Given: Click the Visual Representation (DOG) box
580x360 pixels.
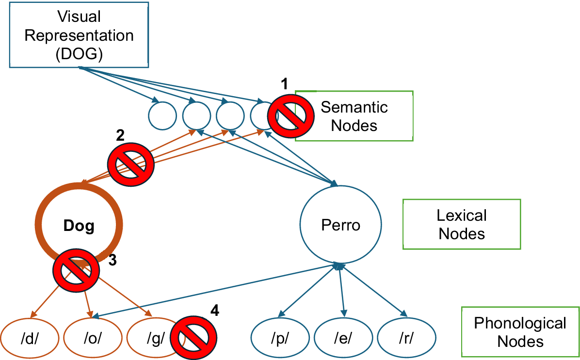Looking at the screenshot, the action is (79, 35).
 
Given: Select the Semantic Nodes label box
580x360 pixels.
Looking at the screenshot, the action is (354, 116).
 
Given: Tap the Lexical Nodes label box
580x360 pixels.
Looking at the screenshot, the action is (462, 224).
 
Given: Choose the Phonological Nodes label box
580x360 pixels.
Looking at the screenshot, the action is (520, 332).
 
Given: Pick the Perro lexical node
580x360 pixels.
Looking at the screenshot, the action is (340, 225).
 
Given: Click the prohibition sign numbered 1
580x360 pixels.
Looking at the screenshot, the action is (291, 116).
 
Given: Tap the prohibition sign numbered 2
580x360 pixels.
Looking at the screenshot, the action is (130, 164).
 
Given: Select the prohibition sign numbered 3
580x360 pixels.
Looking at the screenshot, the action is (76, 270).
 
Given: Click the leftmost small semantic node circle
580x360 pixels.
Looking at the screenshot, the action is (162, 116).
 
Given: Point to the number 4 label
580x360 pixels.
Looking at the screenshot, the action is (214, 311).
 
